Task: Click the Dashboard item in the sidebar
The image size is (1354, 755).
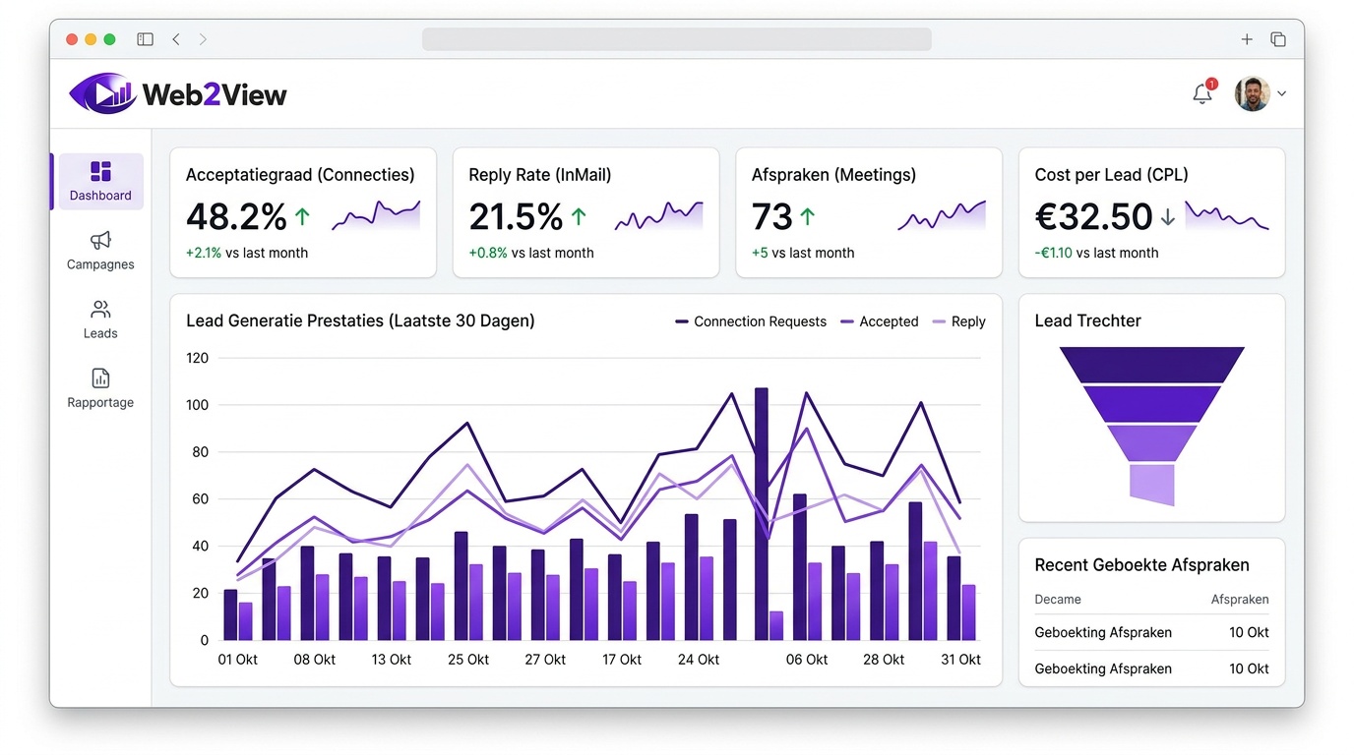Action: pos(100,181)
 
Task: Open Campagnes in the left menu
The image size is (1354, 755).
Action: pos(100,250)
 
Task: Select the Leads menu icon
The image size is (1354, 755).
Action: pos(100,311)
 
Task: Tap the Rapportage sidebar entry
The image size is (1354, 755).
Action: pos(100,387)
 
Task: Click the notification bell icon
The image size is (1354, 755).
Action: pos(1201,94)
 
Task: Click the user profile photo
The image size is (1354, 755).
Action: pos(1252,94)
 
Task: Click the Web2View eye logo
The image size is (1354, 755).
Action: pos(101,94)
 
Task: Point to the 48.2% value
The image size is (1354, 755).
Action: pos(236,216)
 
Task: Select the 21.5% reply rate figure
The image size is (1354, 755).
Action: pos(516,216)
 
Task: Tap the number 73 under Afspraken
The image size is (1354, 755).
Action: pos(771,216)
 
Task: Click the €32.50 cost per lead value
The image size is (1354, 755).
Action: pos(1093,216)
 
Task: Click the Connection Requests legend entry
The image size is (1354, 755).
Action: pos(751,321)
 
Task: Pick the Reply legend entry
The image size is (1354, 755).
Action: pos(958,321)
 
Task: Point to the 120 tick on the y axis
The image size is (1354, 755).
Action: pos(198,358)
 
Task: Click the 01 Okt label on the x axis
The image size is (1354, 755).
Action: pos(237,660)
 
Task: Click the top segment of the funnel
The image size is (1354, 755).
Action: pos(1151,365)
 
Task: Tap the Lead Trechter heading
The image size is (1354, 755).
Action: pos(1087,320)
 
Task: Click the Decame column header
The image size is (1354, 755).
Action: pos(1058,599)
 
